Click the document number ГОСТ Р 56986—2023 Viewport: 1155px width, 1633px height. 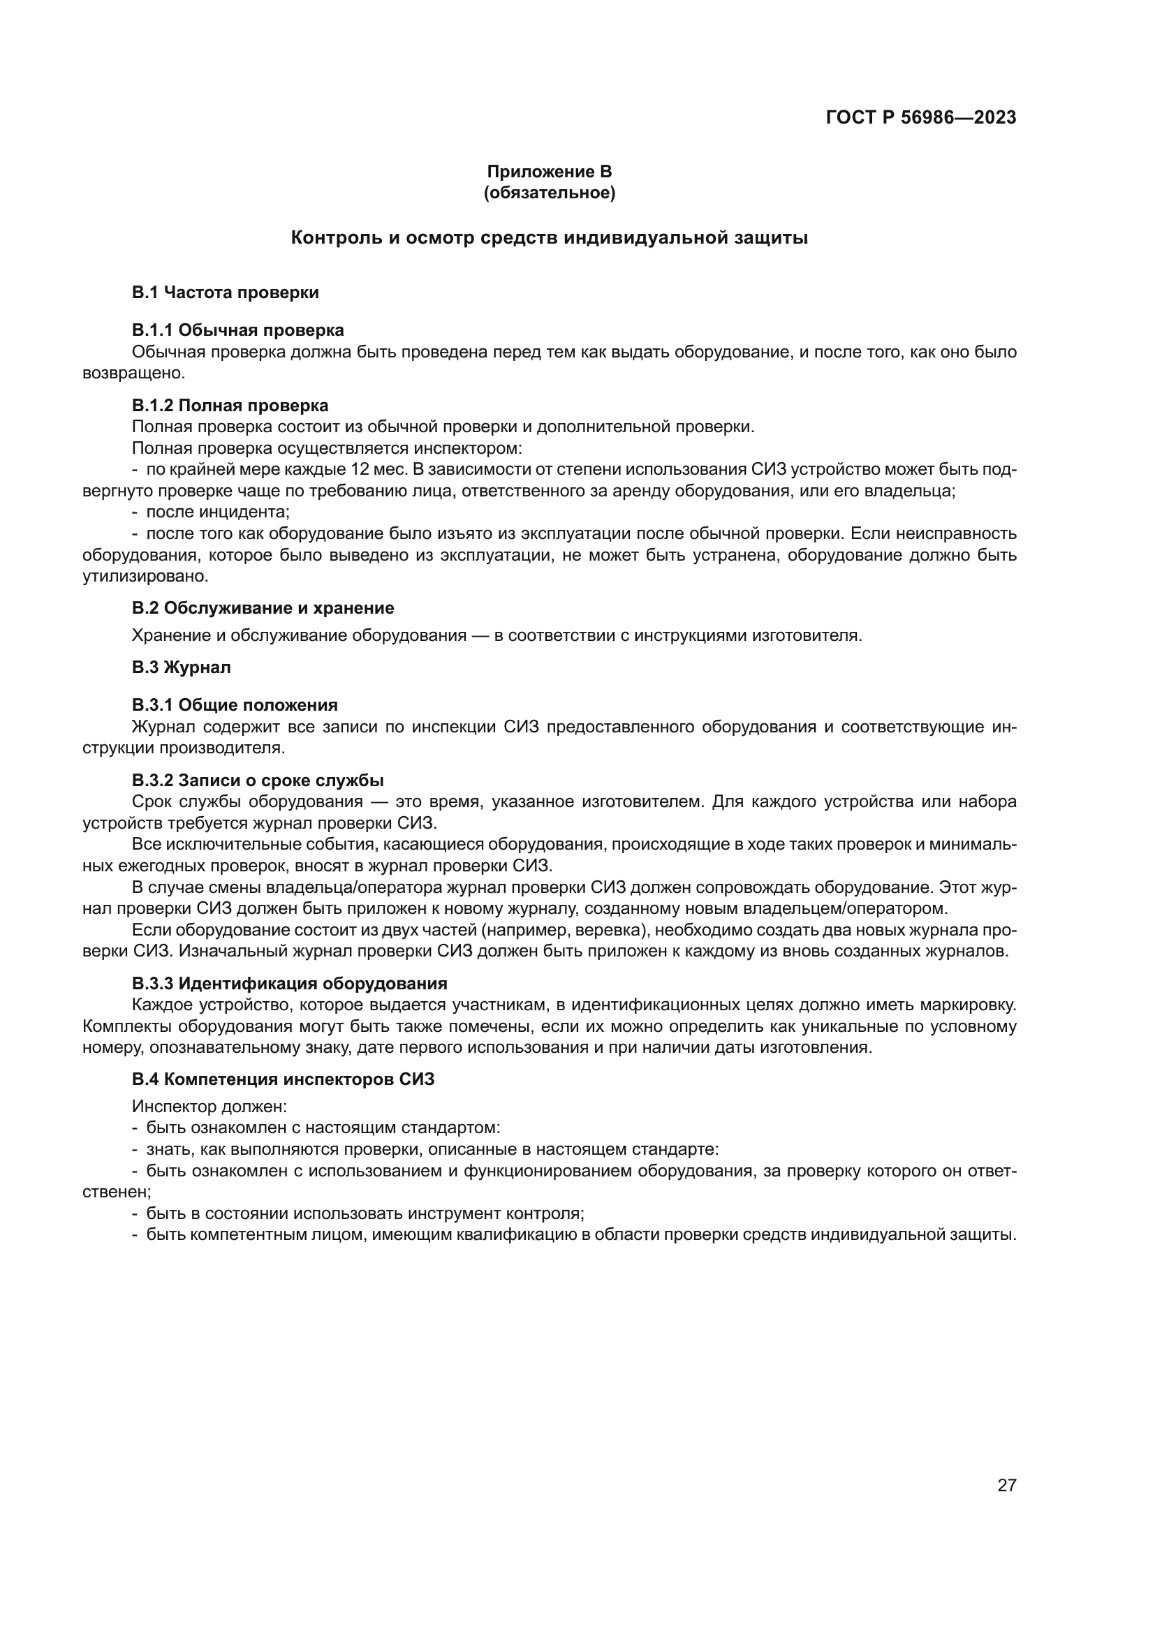pos(920,118)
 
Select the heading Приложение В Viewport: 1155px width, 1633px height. pos(549,172)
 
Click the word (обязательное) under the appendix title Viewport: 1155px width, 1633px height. pos(549,193)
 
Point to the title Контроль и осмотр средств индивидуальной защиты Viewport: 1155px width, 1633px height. pos(549,238)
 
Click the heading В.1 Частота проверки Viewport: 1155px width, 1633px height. pos(226,293)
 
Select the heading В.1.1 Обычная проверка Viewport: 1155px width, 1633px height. pos(237,330)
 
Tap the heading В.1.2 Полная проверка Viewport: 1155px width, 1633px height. pos(230,406)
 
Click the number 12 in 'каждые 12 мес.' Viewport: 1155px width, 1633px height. pos(360,469)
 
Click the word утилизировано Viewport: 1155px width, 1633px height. pos(145,576)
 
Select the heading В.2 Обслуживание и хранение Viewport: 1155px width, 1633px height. pos(263,608)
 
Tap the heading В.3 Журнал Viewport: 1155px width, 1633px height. pos(182,667)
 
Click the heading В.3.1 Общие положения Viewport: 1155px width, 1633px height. pos(235,705)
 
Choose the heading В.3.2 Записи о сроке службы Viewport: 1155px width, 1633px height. pos(258,781)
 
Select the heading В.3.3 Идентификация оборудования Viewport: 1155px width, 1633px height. pos(290,984)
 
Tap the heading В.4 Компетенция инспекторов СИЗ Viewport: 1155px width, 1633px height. pos(283,1079)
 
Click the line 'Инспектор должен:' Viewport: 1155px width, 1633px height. pos(209,1107)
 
